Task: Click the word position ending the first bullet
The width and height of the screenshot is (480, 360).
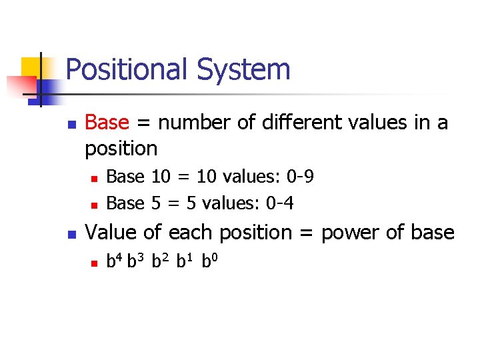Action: tap(121, 147)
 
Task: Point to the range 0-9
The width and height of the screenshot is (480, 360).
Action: tap(300, 177)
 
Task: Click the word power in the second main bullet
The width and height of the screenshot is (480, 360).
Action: tap(349, 233)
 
